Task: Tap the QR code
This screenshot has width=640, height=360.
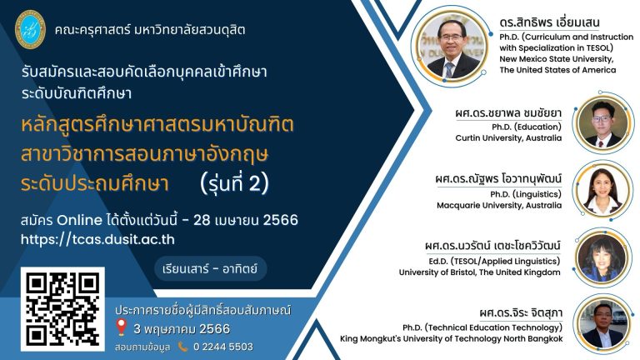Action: (63, 307)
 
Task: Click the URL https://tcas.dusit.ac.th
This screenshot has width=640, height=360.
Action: (98, 238)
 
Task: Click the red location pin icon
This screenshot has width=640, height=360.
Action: (121, 328)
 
